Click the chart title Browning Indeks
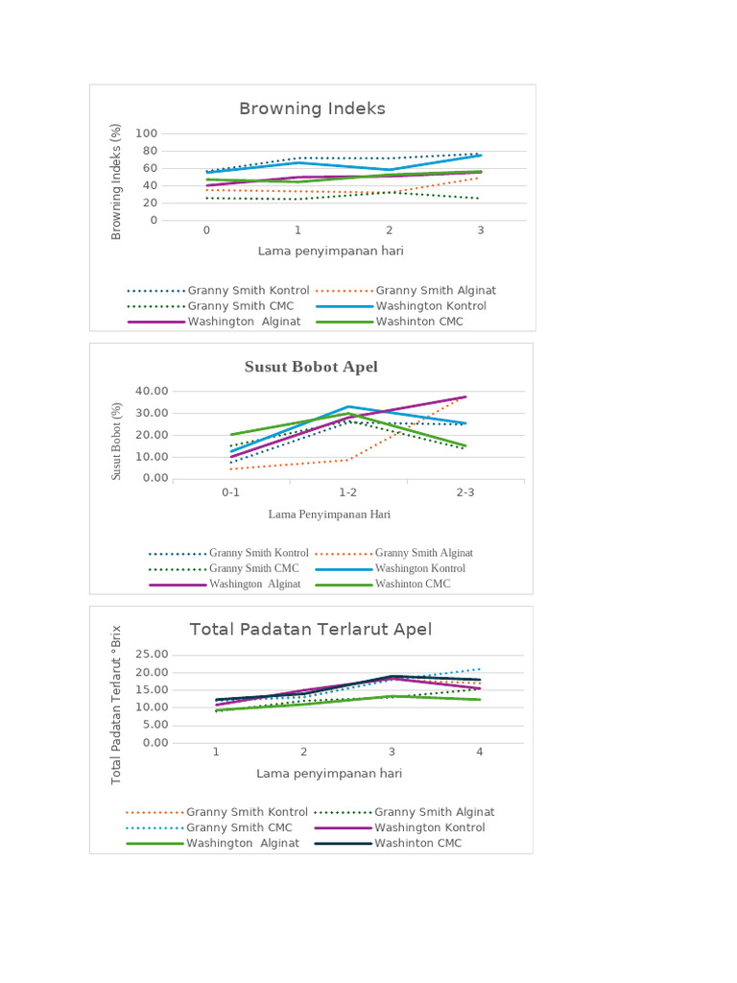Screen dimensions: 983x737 (x=312, y=108)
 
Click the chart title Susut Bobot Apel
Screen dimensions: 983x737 (x=311, y=367)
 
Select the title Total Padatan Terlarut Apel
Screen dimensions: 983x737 (x=311, y=629)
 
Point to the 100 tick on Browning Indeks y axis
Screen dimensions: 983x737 (x=147, y=133)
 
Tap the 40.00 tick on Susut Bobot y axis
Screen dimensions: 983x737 (x=152, y=391)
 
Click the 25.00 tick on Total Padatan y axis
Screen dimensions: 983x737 (x=153, y=655)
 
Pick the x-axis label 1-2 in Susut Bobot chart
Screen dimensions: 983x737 (x=348, y=491)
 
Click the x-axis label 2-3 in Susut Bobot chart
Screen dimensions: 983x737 (x=465, y=491)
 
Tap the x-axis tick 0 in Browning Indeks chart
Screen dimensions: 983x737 (x=206, y=230)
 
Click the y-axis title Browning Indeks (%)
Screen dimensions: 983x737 (x=117, y=180)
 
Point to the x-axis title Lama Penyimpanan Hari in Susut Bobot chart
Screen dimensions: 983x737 (x=329, y=514)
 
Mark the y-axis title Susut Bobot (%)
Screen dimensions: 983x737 (x=117, y=441)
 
